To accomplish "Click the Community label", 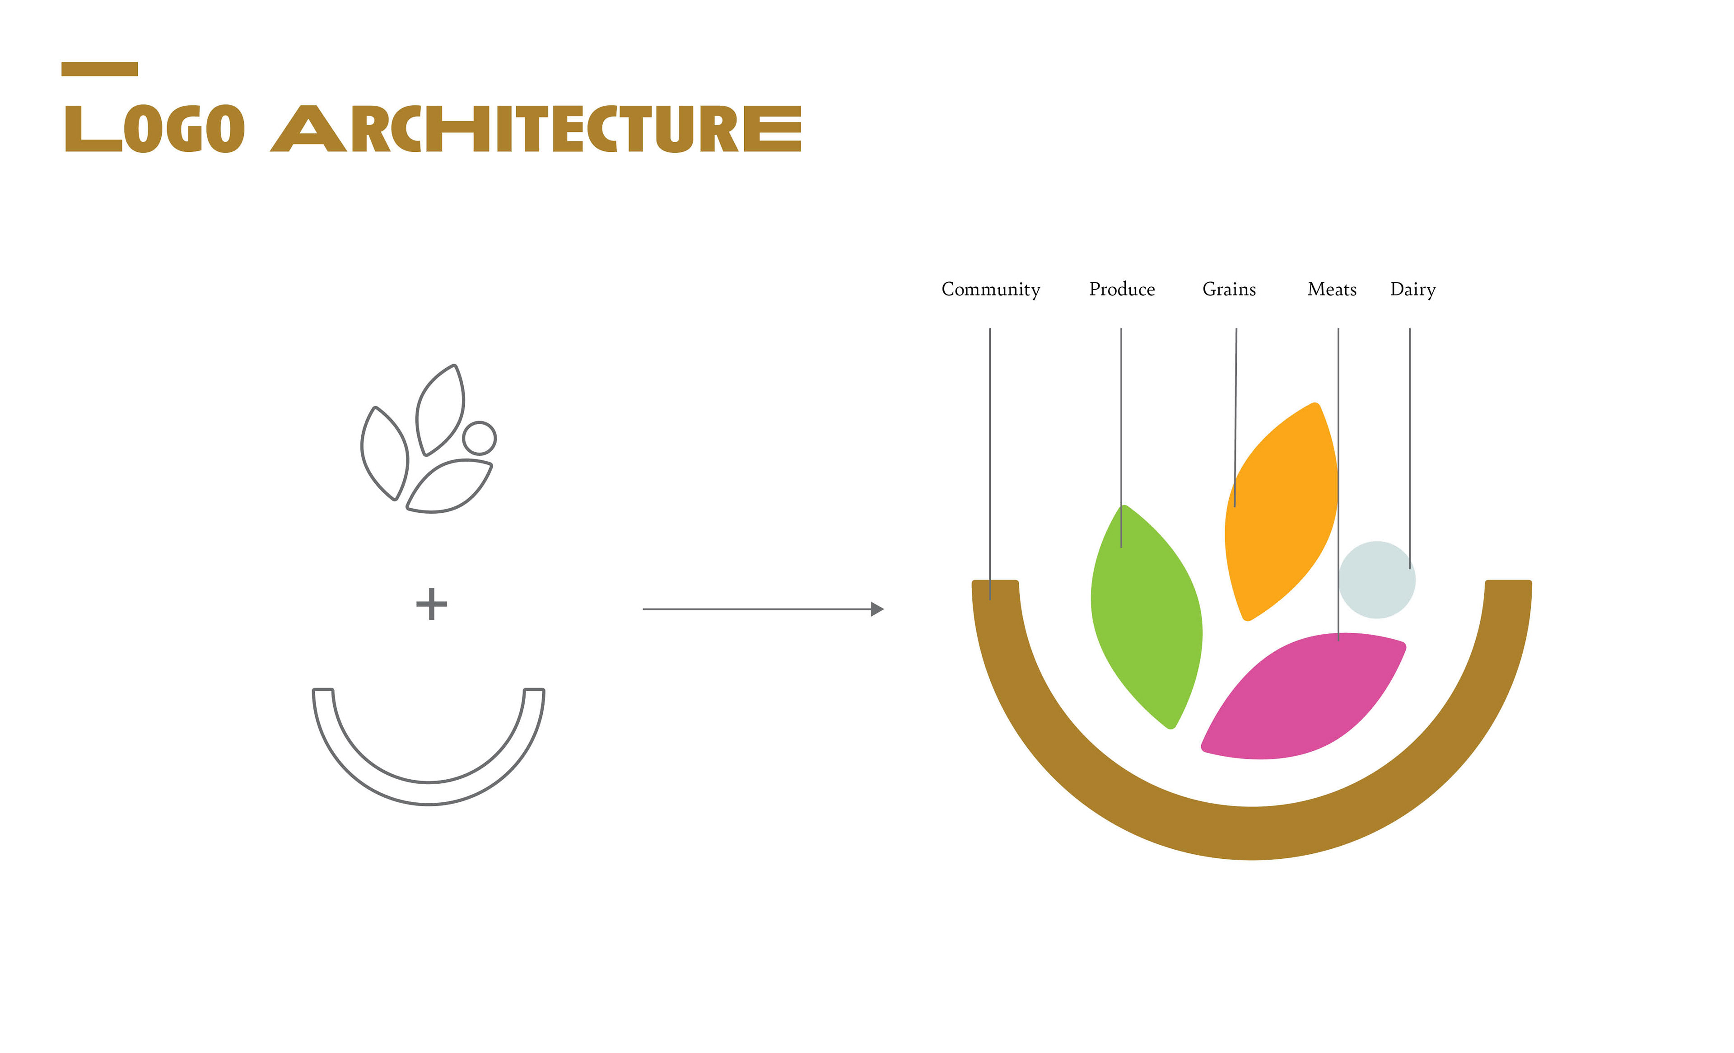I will (990, 289).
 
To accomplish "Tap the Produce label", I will (1122, 289).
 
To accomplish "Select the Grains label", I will (1229, 289).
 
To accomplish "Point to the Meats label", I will (1332, 289).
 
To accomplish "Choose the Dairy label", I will (1412, 289).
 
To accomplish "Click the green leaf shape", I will (1147, 619).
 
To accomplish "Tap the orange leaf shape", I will (1284, 514).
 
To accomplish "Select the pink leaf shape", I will (1302, 697).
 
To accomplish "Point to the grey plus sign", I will (431, 604).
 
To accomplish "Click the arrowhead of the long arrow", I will (877, 609).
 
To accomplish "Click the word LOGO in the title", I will (155, 129).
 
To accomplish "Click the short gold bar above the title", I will (99, 69).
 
